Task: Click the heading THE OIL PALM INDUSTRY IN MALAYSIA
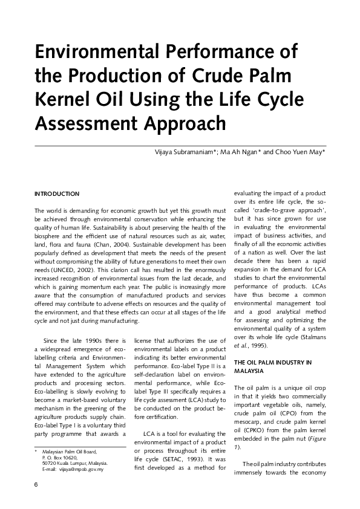273,366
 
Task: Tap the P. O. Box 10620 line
60,458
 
